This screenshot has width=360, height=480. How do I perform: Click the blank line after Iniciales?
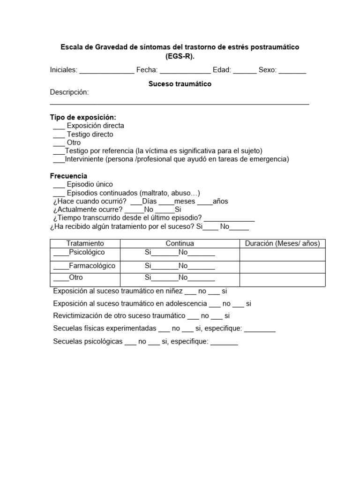pyautogui.click(x=106, y=71)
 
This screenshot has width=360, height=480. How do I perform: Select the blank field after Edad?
pyautogui.click(x=245, y=71)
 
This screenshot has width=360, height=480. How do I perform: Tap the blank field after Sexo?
pyautogui.click(x=292, y=71)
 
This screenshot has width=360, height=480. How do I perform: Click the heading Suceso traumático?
pyautogui.click(x=180, y=84)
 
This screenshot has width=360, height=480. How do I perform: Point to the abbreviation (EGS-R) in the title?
pyautogui.click(x=180, y=57)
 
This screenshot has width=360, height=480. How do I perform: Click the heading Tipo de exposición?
pyautogui.click(x=83, y=117)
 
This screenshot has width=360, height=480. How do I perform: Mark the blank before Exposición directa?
pyautogui.click(x=59, y=126)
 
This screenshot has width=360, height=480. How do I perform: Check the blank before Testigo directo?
pyautogui.click(x=59, y=135)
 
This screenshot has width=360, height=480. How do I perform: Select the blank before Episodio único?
pyautogui.click(x=59, y=185)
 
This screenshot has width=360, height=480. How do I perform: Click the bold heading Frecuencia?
pyautogui.click(x=68, y=176)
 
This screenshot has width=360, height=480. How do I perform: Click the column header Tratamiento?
pyautogui.click(x=85, y=244)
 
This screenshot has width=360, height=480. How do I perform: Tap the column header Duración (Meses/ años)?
pyautogui.click(x=283, y=244)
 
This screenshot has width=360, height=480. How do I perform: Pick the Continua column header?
pyautogui.click(x=180, y=244)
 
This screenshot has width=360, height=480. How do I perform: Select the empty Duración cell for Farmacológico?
pyautogui.click(x=283, y=266)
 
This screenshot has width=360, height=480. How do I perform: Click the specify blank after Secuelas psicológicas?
pyautogui.click(x=224, y=342)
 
